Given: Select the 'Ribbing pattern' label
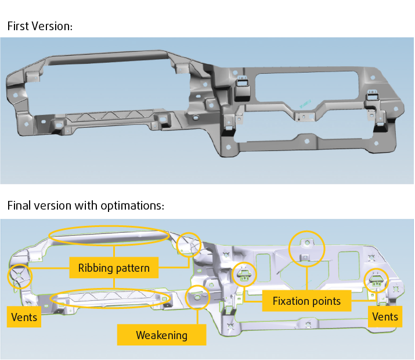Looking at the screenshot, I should (x=114, y=268).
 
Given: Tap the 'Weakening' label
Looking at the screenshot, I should (x=161, y=335).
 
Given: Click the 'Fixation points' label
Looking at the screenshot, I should (x=306, y=301).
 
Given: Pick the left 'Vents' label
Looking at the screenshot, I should (x=25, y=316).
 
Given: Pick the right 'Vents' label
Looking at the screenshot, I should (x=385, y=316).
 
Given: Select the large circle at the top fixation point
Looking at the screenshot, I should (x=306, y=248).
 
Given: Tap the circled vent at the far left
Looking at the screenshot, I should (x=19, y=276).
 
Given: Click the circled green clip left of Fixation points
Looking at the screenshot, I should (x=244, y=275).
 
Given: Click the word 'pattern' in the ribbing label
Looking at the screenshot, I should (x=132, y=268).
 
